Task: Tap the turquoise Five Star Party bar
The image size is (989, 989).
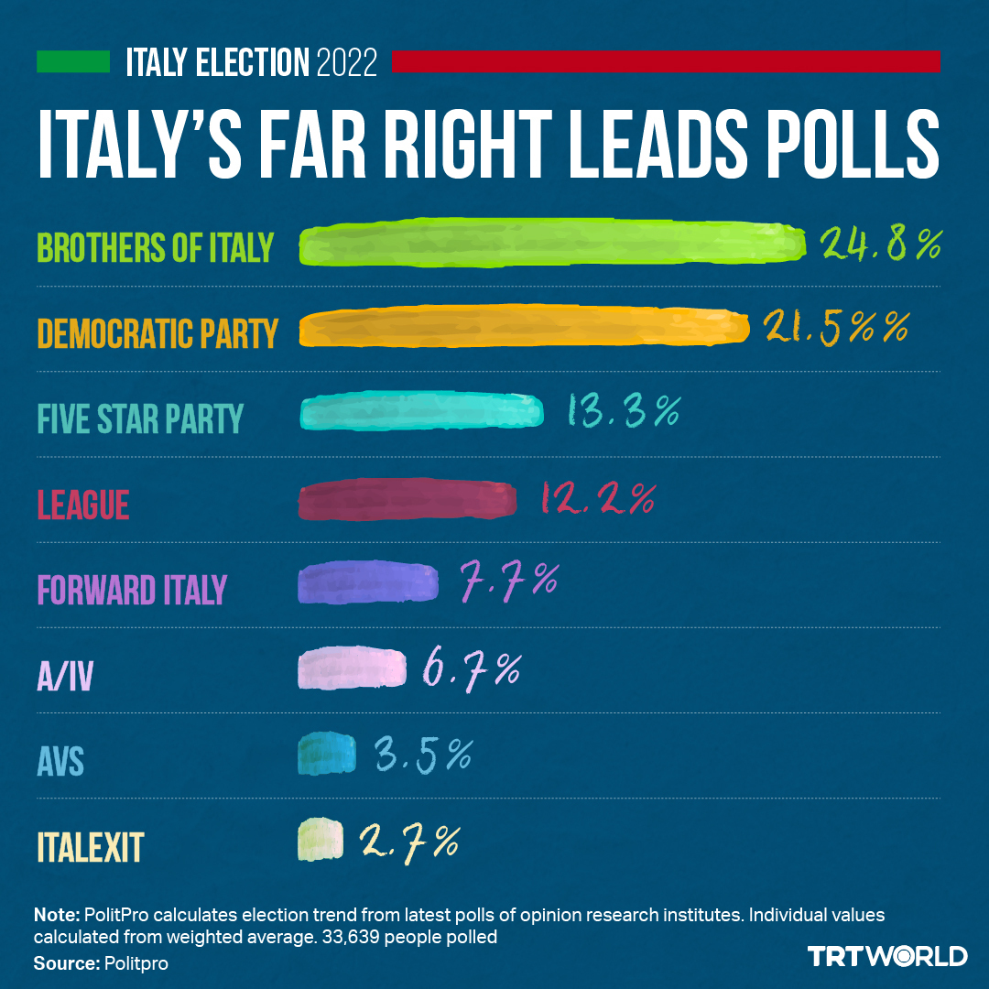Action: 422,413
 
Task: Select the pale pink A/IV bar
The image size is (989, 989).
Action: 352,668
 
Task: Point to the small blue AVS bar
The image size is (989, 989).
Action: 327,753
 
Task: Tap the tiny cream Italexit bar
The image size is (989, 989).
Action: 321,839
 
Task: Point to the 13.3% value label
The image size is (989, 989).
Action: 623,412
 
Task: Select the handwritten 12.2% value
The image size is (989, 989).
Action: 598,499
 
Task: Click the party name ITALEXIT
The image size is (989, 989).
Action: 90,847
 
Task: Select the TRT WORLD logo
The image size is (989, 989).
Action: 887,956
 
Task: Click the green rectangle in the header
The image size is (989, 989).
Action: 72,62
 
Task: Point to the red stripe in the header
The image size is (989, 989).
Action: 666,62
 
